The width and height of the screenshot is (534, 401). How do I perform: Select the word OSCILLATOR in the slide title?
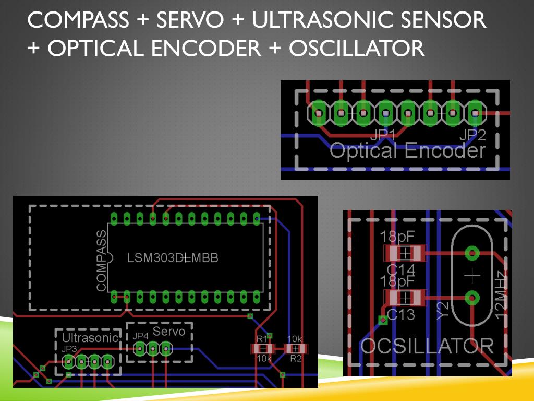[x=357, y=49]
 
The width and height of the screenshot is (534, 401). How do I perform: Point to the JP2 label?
[x=472, y=135]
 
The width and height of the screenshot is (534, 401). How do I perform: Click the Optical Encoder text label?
[x=407, y=151]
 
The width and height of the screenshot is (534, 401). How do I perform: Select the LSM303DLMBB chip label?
[x=173, y=258]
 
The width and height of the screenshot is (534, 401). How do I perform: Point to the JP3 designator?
[x=69, y=348]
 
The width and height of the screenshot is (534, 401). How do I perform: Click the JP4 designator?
[x=141, y=336]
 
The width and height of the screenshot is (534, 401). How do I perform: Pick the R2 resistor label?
[x=296, y=358]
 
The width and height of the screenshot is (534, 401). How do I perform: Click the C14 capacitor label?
[x=401, y=269]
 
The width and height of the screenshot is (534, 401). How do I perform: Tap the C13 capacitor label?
[x=401, y=314]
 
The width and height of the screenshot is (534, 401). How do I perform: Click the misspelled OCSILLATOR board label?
[x=427, y=346]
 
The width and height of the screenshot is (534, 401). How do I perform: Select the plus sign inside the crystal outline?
[x=472, y=275]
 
